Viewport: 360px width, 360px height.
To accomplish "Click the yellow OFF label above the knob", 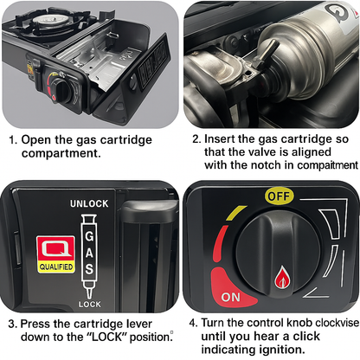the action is click(279, 196).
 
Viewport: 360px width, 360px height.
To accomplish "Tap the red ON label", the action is click(231, 297).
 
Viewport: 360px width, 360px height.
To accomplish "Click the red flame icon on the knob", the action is click(282, 278).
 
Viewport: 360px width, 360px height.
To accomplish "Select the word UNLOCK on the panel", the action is click(89, 203).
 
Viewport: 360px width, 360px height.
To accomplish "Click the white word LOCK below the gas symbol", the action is click(90, 304).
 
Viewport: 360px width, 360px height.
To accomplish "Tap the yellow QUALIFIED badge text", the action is click(56, 267).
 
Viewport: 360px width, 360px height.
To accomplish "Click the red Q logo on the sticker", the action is click(56, 248).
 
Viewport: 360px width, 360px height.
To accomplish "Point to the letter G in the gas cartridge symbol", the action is click(89, 236).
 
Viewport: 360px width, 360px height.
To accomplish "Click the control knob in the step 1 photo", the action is click(64, 91).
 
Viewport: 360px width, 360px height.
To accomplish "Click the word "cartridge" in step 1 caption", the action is click(125, 140).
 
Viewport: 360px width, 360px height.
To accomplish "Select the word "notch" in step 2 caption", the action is click(266, 165).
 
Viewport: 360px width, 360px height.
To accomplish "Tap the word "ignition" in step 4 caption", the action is click(282, 350).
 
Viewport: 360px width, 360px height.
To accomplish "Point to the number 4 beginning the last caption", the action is click(193, 323).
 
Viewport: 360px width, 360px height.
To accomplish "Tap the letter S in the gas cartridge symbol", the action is click(89, 269).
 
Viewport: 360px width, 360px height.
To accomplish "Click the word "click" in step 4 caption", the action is click(306, 337).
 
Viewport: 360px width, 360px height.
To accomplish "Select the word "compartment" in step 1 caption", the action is click(61, 153).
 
